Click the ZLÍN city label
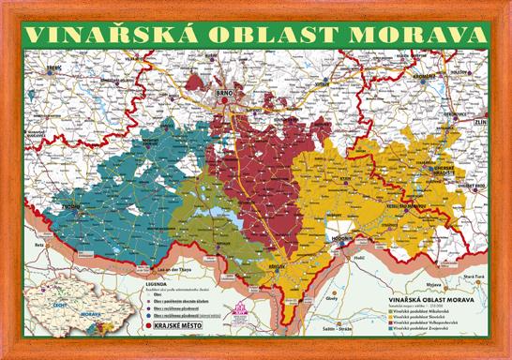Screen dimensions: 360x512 click(482, 122)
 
